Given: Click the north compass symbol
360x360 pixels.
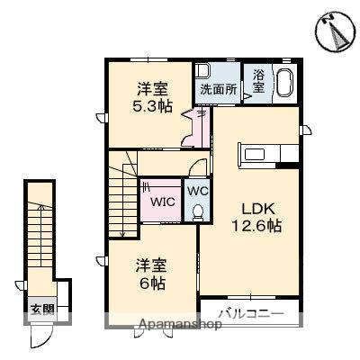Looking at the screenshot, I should pos(334,33).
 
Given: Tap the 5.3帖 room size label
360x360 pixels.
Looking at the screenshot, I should pos(151,105).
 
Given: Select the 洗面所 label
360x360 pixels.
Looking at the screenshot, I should pos(218,90).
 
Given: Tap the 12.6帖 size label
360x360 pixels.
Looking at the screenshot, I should pos(256,225).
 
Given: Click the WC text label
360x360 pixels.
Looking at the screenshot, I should pos(197,190).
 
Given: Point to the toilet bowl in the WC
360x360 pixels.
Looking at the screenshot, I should pos(198,211).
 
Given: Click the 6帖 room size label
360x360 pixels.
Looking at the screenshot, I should pos(150,282).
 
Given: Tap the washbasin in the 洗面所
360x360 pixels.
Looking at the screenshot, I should pos(204,71).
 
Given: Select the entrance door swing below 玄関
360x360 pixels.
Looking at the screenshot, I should pos(40,336).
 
